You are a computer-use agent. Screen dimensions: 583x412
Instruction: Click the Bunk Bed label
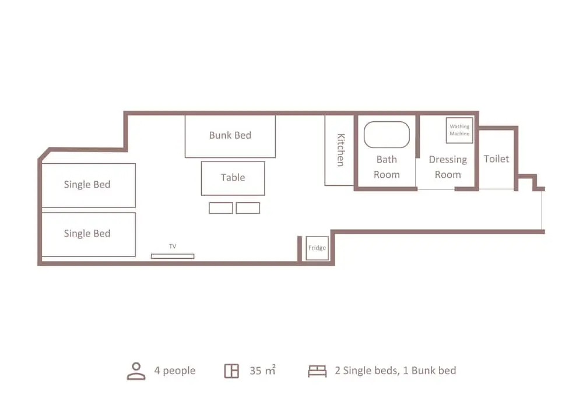pos(230,135)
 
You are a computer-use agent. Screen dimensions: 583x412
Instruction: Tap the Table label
pos(233,178)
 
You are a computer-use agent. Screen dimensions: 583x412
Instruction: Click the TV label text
pos(173,247)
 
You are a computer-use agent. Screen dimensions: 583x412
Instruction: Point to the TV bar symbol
pos(173,256)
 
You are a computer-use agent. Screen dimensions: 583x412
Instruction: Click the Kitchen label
pos(340,150)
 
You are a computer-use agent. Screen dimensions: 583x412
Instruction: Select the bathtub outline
pos(387,122)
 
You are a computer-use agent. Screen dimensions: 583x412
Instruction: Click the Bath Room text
pos(387,167)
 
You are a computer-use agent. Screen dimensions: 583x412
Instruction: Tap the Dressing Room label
pos(448,167)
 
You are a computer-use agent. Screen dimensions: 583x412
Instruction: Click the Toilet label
pos(496,159)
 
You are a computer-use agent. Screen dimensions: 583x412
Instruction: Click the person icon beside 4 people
pos(136,371)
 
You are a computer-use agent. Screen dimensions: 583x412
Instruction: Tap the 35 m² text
pos(262,371)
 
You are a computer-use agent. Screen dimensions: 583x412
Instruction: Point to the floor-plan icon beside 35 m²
pos(231,371)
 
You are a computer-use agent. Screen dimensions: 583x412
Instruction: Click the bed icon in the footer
pos(317,371)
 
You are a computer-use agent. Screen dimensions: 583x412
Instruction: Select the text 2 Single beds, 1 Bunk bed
pos(395,371)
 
